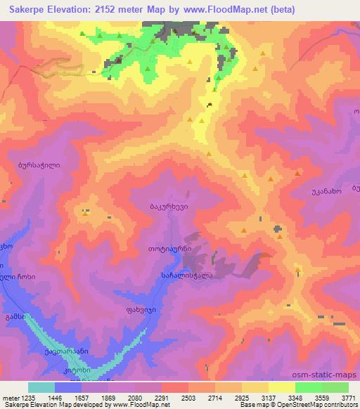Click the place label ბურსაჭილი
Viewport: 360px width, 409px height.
coord(39,166)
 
